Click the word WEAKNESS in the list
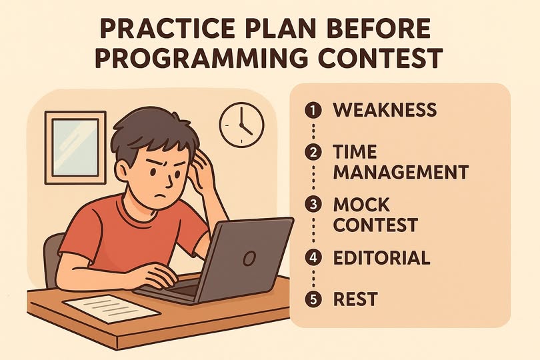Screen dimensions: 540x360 click(x=385, y=110)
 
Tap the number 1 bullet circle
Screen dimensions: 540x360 click(x=313, y=110)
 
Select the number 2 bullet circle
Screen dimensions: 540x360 click(x=313, y=152)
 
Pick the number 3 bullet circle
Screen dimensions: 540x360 click(x=313, y=204)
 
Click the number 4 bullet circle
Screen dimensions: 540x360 click(x=313, y=257)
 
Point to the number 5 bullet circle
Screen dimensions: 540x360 click(x=313, y=299)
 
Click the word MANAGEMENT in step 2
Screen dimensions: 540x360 click(x=401, y=172)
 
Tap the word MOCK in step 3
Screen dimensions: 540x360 click(x=361, y=205)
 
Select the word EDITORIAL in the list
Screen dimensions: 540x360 click(x=381, y=257)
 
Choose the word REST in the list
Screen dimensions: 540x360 click(x=355, y=299)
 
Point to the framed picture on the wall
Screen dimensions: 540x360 click(x=75, y=147)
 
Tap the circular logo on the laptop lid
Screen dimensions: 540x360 click(x=249, y=258)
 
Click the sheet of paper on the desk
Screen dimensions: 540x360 click(x=111, y=309)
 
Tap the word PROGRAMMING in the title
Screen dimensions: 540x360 click(x=201, y=57)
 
